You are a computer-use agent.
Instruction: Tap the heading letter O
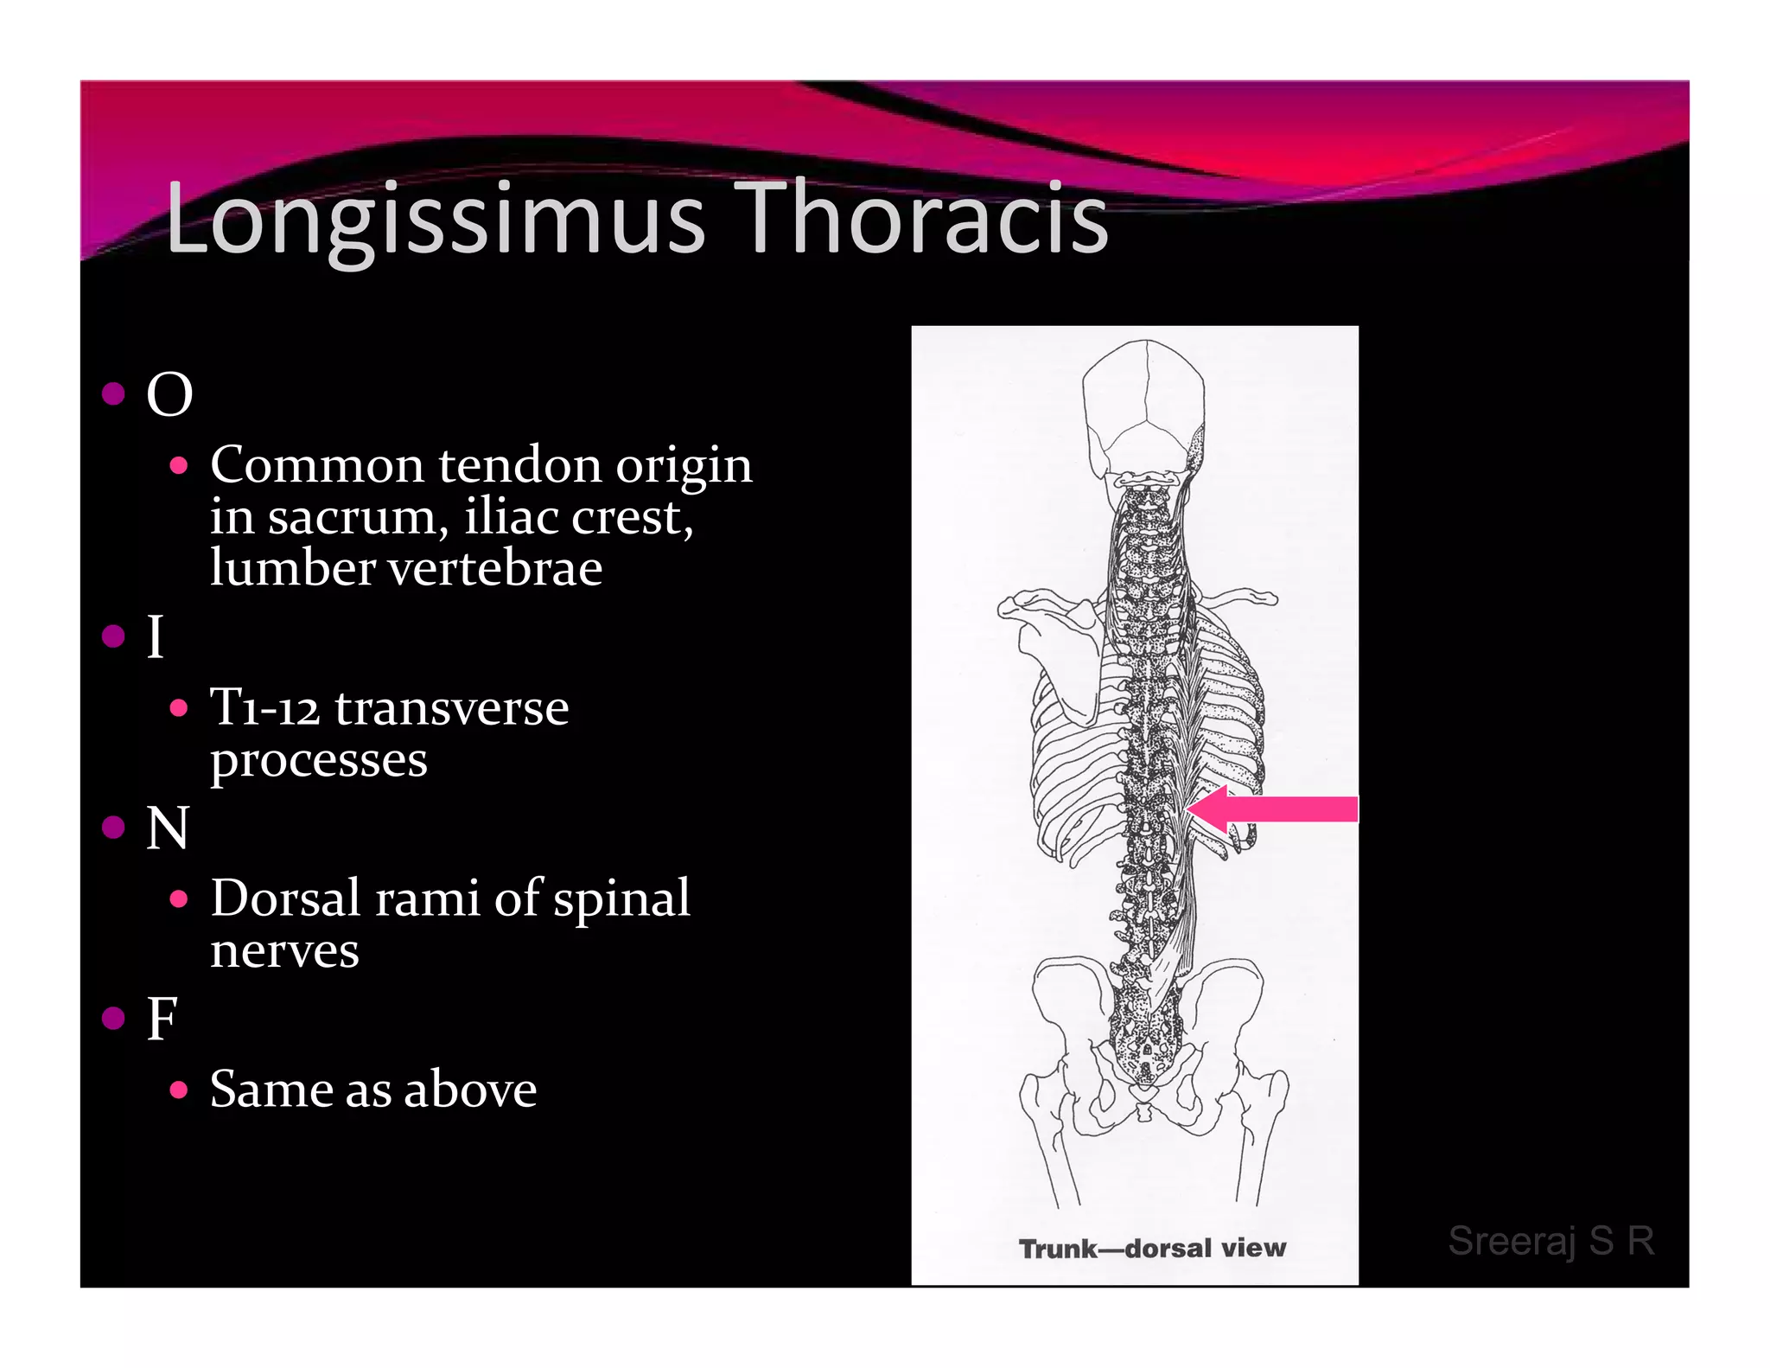(169, 395)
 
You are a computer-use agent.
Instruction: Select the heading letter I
(156, 637)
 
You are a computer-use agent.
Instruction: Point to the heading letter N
(168, 828)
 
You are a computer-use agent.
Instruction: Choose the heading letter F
(162, 1019)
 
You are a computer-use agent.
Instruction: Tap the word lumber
(293, 568)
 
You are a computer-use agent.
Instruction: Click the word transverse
(452, 707)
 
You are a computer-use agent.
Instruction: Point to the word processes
(319, 760)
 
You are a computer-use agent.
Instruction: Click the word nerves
(284, 950)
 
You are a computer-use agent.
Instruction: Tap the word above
(470, 1089)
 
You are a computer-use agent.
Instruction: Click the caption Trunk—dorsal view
(1152, 1248)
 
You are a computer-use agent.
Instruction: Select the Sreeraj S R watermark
(1551, 1241)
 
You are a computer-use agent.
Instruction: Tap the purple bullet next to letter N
(113, 828)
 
